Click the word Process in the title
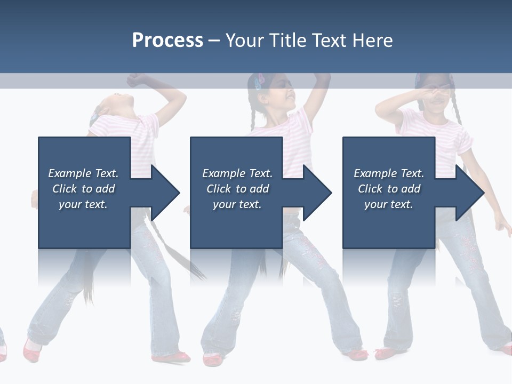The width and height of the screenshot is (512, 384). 167,41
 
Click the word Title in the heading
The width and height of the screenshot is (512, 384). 288,41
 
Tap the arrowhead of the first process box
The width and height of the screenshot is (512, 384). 166,193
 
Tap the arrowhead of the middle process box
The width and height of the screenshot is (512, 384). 318,193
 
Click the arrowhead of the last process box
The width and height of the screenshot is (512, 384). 470,193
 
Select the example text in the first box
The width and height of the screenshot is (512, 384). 83,189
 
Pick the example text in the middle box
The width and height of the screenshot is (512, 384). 237,189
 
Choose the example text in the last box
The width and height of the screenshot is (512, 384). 389,189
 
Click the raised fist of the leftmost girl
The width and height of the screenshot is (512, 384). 137,80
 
